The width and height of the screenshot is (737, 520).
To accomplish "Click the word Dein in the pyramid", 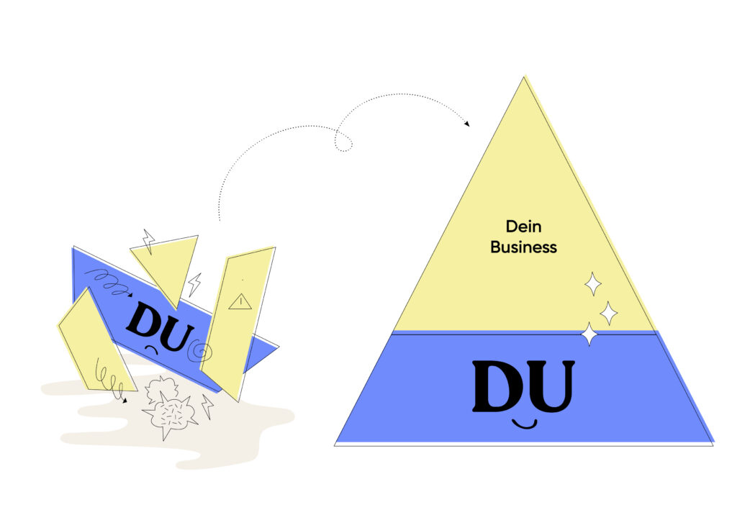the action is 523,227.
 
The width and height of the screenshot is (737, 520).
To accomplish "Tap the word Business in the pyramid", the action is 523,247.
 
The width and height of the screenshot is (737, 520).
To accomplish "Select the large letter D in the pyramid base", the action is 497,386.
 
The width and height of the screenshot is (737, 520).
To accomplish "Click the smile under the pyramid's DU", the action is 524,425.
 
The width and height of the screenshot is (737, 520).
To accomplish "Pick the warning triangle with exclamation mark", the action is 240,301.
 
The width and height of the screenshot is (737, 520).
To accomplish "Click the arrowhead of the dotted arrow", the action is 467,124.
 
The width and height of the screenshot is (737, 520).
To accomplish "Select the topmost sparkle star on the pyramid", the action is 593,283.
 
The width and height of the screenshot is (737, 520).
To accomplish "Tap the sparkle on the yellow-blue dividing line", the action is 589,334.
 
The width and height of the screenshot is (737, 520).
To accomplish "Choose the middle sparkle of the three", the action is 609,314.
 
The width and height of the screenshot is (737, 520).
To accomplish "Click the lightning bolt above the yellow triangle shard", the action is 148,242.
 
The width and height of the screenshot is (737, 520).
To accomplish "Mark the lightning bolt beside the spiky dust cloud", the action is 207,406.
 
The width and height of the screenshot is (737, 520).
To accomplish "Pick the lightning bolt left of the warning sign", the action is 194,285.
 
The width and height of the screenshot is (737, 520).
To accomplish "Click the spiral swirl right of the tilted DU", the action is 200,350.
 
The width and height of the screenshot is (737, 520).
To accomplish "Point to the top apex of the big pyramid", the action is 524,76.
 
